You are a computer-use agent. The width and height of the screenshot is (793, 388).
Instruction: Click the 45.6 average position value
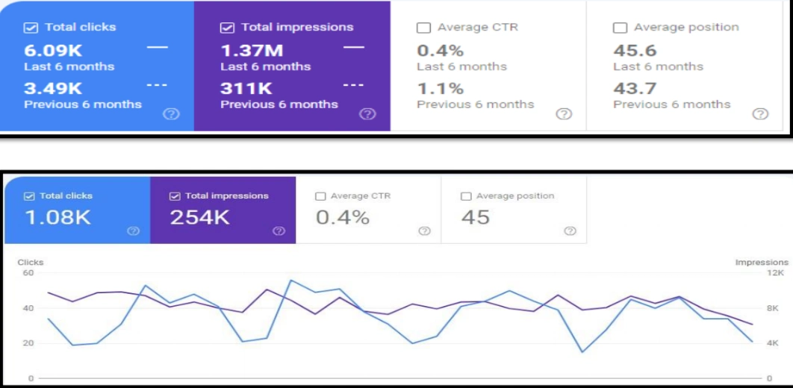(635, 51)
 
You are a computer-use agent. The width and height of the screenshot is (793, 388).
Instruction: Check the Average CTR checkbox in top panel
(423, 28)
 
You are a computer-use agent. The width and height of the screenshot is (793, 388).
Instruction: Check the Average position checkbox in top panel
(620, 28)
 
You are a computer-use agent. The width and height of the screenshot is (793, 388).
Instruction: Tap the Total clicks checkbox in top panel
(31, 28)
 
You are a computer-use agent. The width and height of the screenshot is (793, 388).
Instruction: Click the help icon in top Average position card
(760, 114)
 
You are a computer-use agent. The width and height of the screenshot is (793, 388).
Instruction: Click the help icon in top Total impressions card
(367, 114)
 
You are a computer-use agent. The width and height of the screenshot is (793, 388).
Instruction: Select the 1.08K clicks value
(57, 218)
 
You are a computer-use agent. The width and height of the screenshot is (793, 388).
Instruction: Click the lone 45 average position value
(476, 218)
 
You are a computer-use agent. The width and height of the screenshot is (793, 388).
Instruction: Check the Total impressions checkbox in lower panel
(175, 196)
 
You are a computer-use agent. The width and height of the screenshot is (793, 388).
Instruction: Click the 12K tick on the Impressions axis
(775, 273)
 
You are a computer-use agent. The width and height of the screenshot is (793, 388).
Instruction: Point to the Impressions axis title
(761, 263)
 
